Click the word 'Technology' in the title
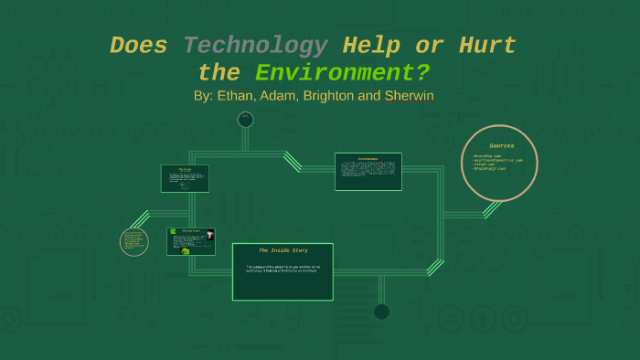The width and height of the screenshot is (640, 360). coord(255,45)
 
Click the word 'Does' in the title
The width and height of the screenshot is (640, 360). coord(138,45)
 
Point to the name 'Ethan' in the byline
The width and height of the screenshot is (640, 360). coord(237,95)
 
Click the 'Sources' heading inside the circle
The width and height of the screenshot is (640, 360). coord(501,145)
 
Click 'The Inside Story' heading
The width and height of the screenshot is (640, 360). coord(283,250)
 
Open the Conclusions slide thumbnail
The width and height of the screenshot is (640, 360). coord(368,171)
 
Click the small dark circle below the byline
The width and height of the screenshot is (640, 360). coord(245,120)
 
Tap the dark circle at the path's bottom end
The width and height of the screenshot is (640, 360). coord(381,312)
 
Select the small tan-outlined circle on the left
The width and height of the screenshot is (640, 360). coord(134,242)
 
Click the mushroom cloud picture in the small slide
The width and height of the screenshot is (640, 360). coord(208,235)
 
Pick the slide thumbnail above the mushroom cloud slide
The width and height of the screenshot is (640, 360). coord(185,178)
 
